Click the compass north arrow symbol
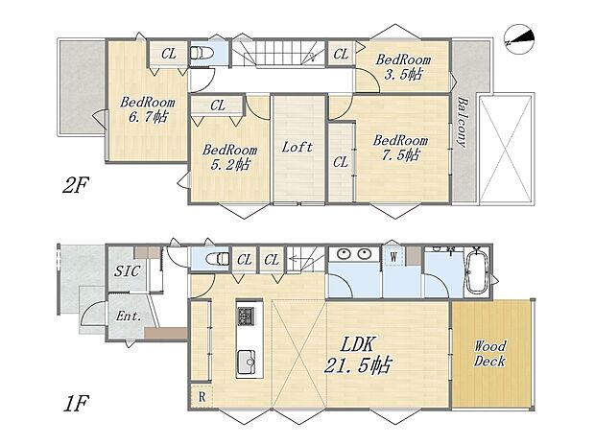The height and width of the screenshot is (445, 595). pyautogui.click(x=521, y=36)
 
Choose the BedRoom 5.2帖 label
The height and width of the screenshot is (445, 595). pyautogui.click(x=228, y=156)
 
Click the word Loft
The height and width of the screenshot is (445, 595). pyautogui.click(x=298, y=149)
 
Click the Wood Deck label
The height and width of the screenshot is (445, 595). pyautogui.click(x=490, y=353)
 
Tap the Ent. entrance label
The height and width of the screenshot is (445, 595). pyautogui.click(x=129, y=316)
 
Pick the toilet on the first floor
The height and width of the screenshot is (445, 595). pyautogui.click(x=217, y=259)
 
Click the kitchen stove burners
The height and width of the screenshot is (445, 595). pyautogui.click(x=248, y=315)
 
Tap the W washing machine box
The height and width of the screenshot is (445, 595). pyautogui.click(x=393, y=256)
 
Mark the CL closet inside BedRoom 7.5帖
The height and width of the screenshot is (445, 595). pyautogui.click(x=341, y=163)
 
